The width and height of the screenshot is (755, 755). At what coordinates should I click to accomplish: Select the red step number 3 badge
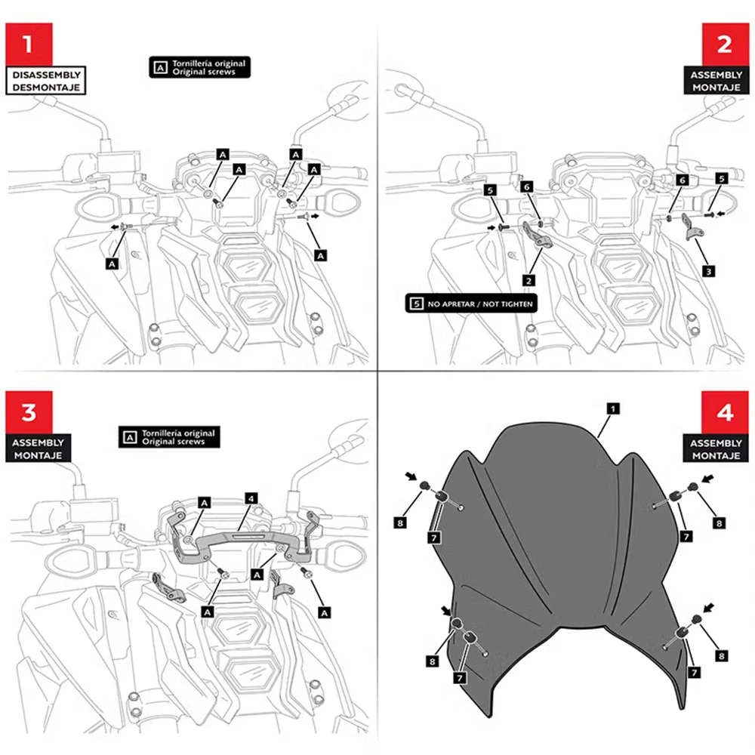tap(29, 412)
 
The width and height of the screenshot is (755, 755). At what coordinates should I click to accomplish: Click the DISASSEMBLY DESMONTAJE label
tap(45, 81)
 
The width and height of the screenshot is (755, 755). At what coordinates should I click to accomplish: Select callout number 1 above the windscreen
tap(614, 408)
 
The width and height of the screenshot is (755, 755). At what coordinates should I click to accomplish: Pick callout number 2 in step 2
tap(529, 280)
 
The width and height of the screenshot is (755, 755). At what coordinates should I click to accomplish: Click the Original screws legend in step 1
tap(199, 68)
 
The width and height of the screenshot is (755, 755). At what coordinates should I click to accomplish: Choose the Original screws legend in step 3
tap(169, 437)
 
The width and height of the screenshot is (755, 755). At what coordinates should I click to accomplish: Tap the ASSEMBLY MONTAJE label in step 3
tap(40, 448)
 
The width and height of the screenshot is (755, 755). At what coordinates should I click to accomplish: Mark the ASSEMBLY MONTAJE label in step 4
tap(713, 448)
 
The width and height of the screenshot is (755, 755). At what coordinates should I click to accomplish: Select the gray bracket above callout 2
tap(539, 236)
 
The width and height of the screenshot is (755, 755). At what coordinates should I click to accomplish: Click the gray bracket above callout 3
tap(692, 226)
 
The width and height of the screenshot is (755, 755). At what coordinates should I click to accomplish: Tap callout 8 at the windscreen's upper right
tap(720, 522)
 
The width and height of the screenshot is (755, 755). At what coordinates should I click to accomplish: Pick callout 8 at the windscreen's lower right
tap(723, 656)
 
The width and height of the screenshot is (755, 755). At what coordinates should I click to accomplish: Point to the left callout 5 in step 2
tap(489, 191)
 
